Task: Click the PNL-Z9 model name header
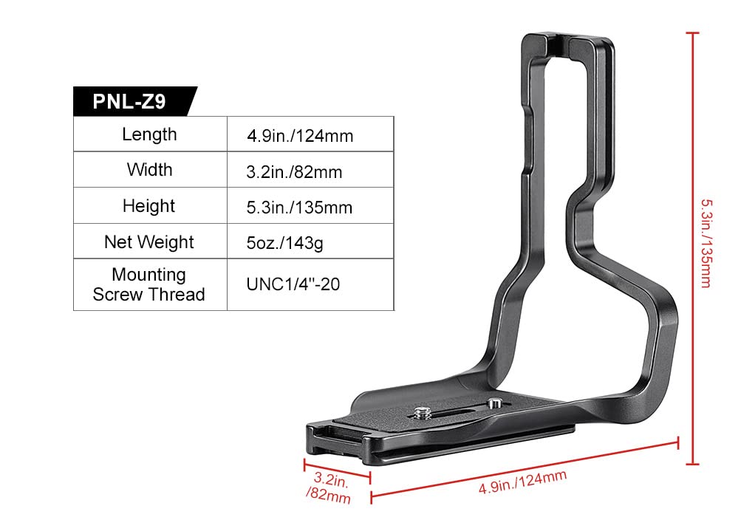click(129, 101)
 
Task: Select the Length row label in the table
click(149, 134)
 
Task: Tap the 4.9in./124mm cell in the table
click(300, 136)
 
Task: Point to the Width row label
click(149, 170)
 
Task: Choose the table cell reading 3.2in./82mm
click(294, 172)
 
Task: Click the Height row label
click(149, 206)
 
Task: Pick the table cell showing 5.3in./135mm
click(299, 208)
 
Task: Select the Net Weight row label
click(149, 242)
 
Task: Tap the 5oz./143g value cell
click(284, 243)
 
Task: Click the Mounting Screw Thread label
click(149, 284)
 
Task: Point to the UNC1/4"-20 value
click(293, 284)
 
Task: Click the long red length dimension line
click(525, 468)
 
